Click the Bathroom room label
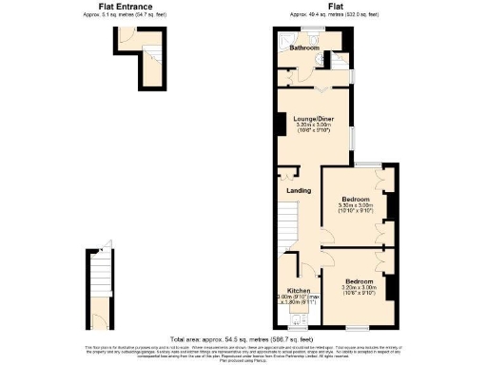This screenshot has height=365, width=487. click(x=303, y=48)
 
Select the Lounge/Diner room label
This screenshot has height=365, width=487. click(x=313, y=119)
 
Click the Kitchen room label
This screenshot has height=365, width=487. click(x=298, y=290)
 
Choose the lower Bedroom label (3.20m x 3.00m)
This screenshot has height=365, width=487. click(x=359, y=281)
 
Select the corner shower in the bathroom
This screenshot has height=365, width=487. click(x=341, y=60)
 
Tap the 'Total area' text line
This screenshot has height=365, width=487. click(x=243, y=338)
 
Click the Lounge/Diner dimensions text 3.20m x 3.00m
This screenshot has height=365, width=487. click(x=313, y=125)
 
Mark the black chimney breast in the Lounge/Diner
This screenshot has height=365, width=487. click(x=281, y=125)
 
